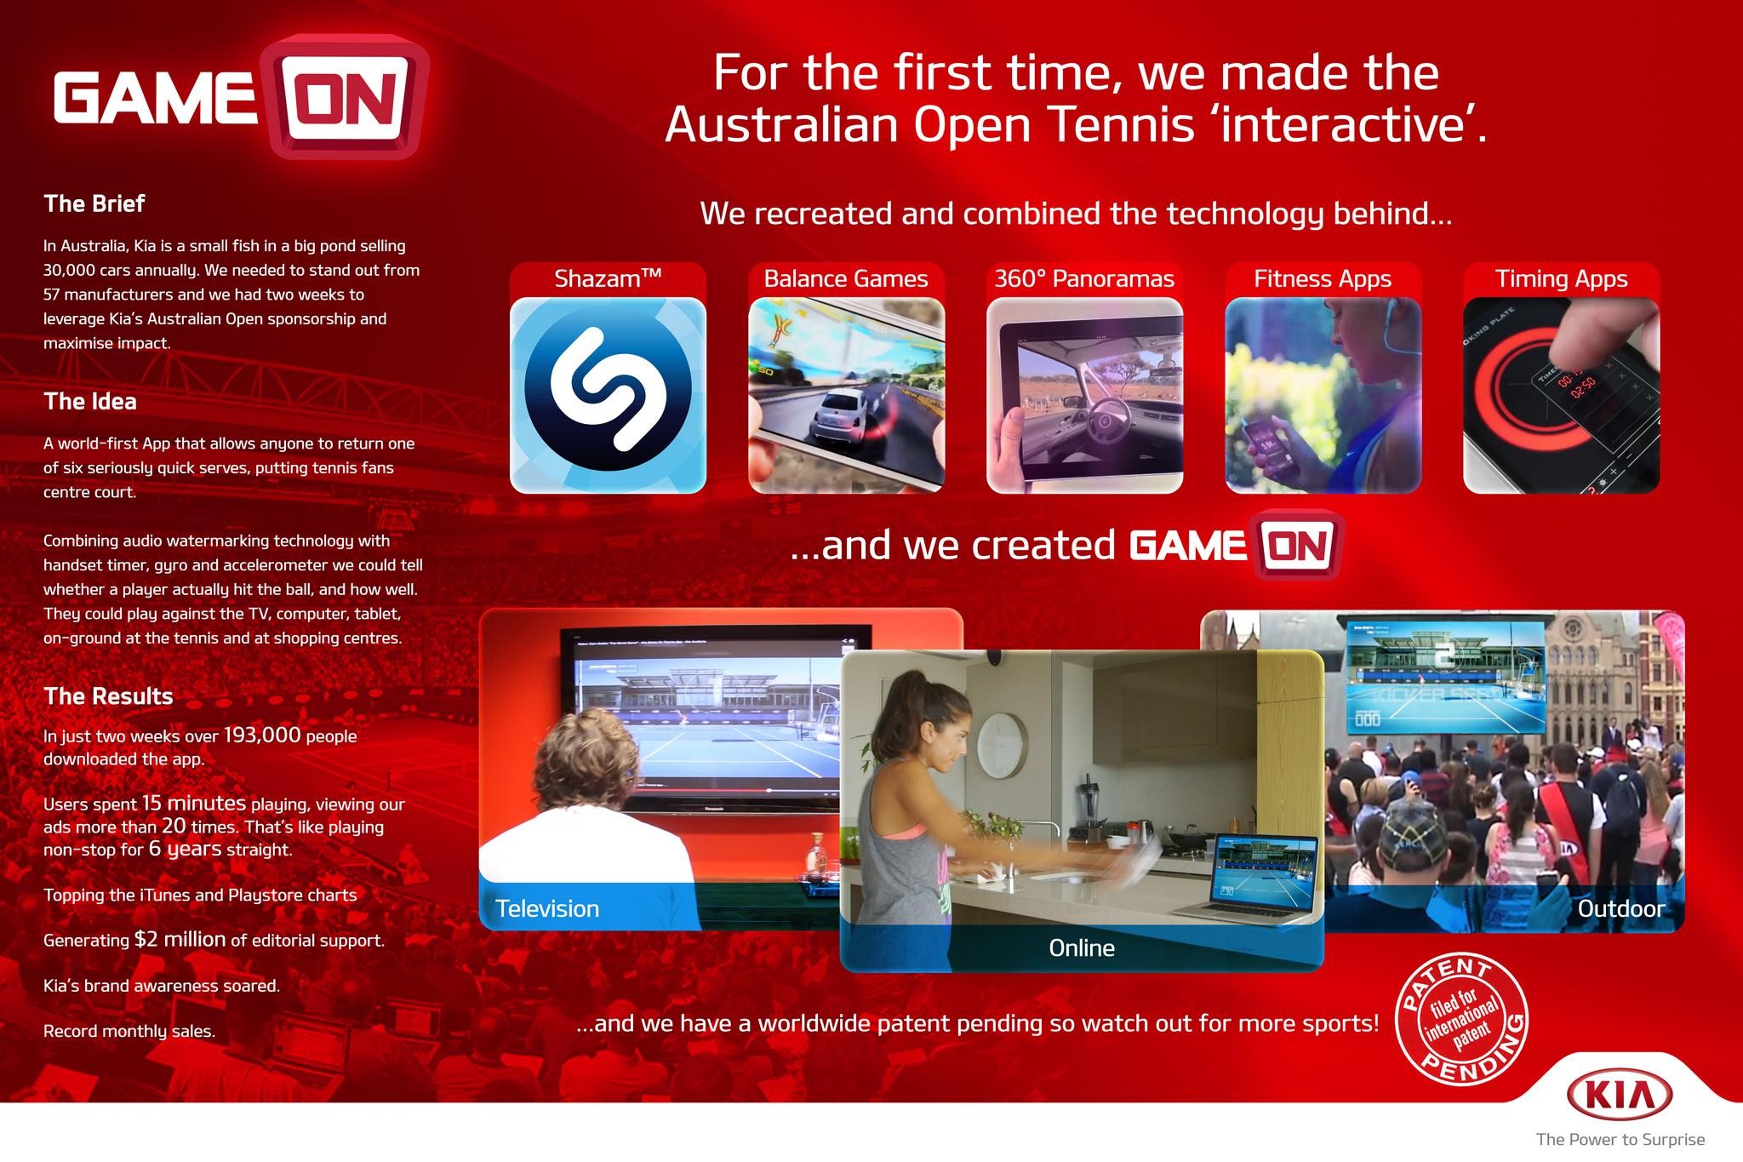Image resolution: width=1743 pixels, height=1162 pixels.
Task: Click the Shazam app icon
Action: coord(608,395)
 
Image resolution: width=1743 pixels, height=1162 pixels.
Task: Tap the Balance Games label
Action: coord(846,279)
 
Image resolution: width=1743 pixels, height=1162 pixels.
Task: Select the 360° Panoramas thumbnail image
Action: coord(1084,395)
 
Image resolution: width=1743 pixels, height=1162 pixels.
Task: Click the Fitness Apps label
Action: coord(1323,279)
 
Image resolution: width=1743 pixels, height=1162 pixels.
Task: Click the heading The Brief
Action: coord(94,204)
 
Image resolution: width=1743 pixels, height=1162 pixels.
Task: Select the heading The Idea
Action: coord(90,402)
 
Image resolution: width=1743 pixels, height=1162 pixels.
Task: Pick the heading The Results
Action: coord(108,696)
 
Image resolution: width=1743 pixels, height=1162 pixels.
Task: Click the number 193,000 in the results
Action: coord(262,735)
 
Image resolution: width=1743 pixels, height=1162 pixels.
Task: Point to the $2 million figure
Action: coord(180,939)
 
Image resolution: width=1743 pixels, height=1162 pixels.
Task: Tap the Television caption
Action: coord(547,909)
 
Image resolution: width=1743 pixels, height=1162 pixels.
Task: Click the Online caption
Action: coord(1082,948)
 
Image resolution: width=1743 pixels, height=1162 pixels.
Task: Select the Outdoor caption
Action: coord(1620,909)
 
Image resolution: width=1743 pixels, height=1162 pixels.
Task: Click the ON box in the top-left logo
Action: coord(344,96)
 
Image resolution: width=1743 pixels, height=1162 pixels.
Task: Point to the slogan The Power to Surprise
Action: coord(1620,1140)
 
